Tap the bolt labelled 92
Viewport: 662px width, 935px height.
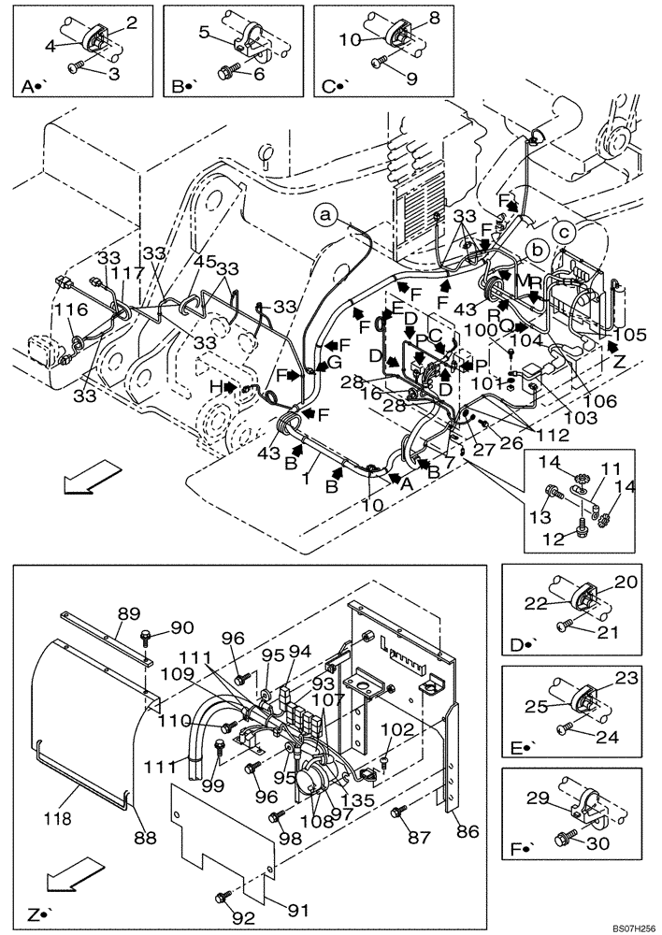(x=223, y=898)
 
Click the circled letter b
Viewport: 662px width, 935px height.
(x=537, y=251)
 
